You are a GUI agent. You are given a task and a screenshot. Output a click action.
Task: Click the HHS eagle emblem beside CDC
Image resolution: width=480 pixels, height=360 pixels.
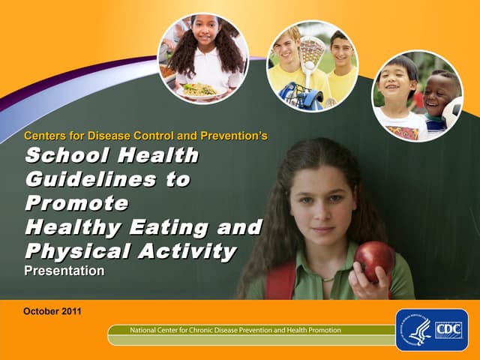tap(417, 331)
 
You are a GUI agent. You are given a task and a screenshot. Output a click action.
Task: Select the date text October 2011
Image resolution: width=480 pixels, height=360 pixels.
tap(52, 310)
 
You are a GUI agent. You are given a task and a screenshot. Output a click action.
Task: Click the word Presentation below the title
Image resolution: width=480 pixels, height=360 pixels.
tap(64, 271)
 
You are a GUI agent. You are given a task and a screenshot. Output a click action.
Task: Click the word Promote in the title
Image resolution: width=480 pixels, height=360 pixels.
tap(76, 203)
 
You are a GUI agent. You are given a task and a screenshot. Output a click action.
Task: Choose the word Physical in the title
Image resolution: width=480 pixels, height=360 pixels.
tap(71, 250)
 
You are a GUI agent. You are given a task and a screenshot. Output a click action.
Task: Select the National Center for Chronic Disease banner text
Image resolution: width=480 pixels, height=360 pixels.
tap(235, 330)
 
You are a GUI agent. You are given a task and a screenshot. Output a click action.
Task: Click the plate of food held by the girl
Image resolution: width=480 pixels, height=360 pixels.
tap(198, 90)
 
